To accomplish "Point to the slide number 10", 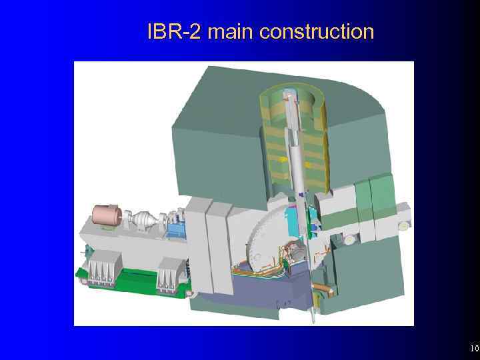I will pyautogui.click(x=474, y=349).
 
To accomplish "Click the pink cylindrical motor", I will pyautogui.click(x=105, y=215).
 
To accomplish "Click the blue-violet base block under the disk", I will pyautogui.click(x=267, y=287).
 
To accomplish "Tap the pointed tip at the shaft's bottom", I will pyautogui.click(x=312, y=316).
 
